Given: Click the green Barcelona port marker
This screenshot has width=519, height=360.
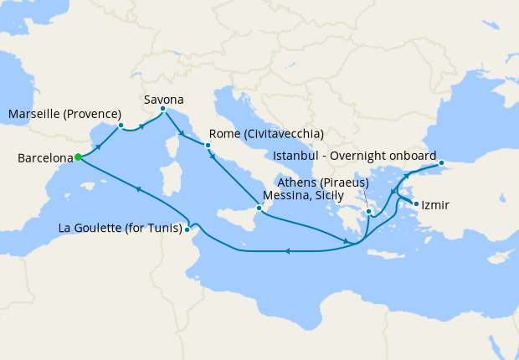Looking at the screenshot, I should point(78,157).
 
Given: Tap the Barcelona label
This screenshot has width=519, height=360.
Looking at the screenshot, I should point(44,157).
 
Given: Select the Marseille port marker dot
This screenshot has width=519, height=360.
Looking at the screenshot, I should point(121,126).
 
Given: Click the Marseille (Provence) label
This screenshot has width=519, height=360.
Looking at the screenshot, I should point(65,114).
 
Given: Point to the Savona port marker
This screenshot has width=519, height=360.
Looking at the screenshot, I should point(162,108).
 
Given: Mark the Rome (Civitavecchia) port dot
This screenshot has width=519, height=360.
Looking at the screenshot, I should point(208,145).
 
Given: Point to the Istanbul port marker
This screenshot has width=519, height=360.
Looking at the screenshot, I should point(441,152).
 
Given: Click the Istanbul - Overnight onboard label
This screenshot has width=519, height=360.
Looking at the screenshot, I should point(354,157).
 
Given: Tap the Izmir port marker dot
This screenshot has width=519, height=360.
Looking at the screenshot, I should point(416,203).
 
